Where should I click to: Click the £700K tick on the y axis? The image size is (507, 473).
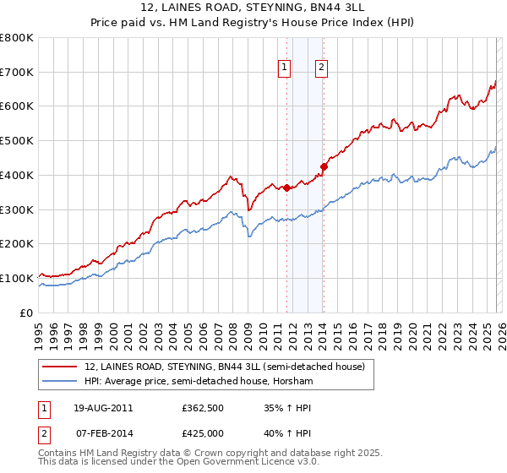coord(17,73)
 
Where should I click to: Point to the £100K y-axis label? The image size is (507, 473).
coord(17,278)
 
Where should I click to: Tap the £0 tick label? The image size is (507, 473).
coord(27,313)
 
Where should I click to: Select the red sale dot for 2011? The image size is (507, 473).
coord(286,188)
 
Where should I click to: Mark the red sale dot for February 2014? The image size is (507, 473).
coord(324,166)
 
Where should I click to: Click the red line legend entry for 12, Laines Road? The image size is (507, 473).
coord(224,367)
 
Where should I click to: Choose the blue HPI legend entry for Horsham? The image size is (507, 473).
coord(199,382)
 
